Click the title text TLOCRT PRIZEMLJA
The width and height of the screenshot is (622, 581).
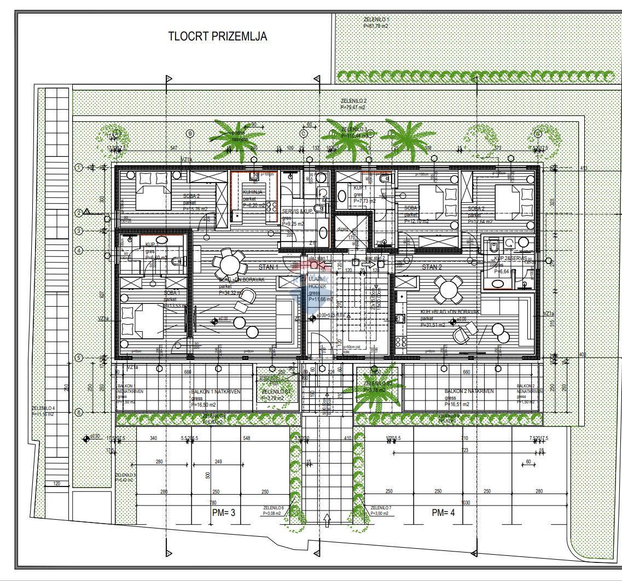point(217,37)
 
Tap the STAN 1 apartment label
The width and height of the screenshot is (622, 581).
point(268,268)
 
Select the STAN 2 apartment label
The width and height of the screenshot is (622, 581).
point(432,267)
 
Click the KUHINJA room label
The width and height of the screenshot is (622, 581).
point(253,192)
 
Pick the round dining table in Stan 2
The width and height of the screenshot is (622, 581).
point(448,289)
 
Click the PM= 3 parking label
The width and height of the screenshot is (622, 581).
point(224,513)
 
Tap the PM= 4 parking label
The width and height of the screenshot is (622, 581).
point(443,513)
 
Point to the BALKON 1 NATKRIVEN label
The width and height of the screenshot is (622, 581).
point(216,392)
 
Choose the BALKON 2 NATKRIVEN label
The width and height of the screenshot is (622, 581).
point(469,391)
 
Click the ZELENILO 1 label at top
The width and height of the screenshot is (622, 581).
point(376,19)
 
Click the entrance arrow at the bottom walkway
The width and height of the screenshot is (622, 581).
point(327,519)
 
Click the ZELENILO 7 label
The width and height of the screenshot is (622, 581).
point(381,507)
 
